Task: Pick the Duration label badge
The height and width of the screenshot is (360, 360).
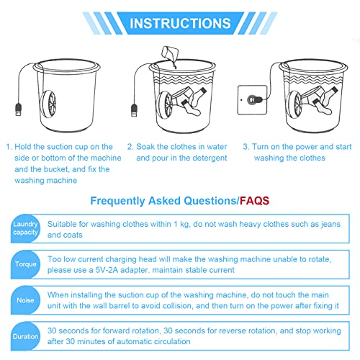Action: [24, 335]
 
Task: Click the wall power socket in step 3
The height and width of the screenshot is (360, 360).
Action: [251, 98]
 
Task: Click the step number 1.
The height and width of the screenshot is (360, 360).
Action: [10, 145]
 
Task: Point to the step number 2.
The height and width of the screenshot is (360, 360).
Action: [130, 145]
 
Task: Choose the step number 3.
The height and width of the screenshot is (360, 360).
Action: [246, 145]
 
